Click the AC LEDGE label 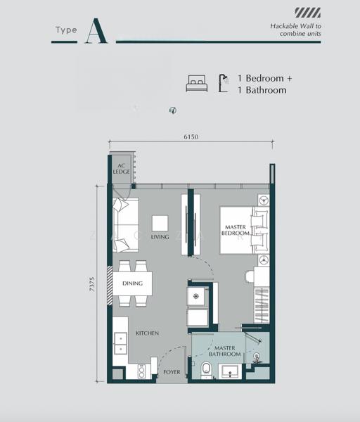click(122, 169)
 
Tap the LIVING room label click(160, 237)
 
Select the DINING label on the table click(132, 283)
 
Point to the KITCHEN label click(147, 333)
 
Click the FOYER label click(172, 372)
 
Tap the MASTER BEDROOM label click(235, 230)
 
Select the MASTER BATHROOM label click(225, 351)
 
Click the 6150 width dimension click(191, 136)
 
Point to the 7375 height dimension click(92, 284)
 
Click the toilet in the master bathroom click(207, 371)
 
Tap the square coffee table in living click(160, 224)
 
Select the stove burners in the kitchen click(141, 371)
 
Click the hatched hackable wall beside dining click(110, 286)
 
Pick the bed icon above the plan click(197, 83)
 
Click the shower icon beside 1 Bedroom click(224, 83)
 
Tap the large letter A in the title click(96, 31)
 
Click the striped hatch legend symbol click(307, 13)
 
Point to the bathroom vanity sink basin click(230, 371)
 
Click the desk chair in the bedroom click(250, 276)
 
